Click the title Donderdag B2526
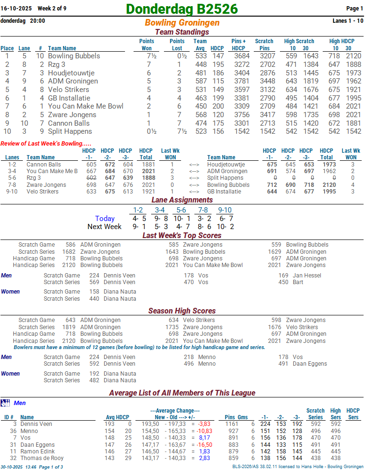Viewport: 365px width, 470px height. tap(182, 9)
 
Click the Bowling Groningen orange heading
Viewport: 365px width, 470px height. tap(182, 23)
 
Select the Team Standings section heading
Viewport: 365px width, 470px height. tap(182, 32)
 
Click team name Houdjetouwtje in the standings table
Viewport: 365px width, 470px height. tap(71, 73)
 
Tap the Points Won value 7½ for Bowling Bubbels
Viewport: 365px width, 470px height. tap(148, 56)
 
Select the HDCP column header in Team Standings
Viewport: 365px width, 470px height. tap(217, 48)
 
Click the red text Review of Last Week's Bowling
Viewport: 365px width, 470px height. tap(46, 143)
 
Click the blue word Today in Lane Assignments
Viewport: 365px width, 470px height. tap(105, 219)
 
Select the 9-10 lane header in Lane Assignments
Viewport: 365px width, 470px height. tap(225, 210)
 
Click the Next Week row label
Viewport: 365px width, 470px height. tap(104, 227)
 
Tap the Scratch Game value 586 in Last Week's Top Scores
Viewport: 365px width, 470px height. tap(70, 245)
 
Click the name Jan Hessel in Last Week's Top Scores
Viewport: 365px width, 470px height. tap(307, 276)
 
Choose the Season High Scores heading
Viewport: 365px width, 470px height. tap(182, 311)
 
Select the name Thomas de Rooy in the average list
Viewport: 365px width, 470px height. tap(42, 459)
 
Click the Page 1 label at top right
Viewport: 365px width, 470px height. tap(355, 9)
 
